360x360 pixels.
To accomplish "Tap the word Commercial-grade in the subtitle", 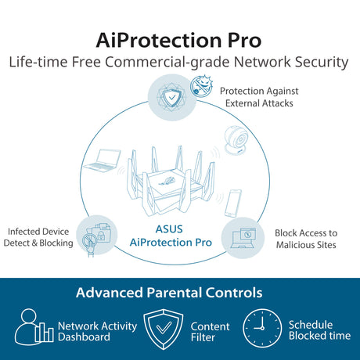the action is [167, 62].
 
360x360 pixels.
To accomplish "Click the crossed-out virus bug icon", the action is [201, 86].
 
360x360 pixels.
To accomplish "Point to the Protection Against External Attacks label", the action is [259, 97].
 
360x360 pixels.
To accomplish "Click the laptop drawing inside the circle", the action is [103, 160].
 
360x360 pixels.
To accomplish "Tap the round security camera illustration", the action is [236, 140].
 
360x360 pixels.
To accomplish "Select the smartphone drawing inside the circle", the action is [233, 203].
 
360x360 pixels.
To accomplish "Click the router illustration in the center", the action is [171, 181].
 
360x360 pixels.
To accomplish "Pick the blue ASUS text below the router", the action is [169, 229].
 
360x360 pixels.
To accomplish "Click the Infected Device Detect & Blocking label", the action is [38, 237].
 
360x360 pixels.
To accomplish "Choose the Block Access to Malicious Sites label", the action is [306, 239].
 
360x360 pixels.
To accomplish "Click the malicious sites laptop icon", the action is [243, 238].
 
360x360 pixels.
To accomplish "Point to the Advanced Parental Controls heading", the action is [169, 293].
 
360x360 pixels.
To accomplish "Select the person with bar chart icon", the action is [34, 326].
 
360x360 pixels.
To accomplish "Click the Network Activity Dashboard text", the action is [97, 331].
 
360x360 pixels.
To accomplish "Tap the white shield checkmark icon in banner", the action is [164, 329].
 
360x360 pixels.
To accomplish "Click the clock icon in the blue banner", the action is [262, 328].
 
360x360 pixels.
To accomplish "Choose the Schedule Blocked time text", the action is [319, 330].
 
